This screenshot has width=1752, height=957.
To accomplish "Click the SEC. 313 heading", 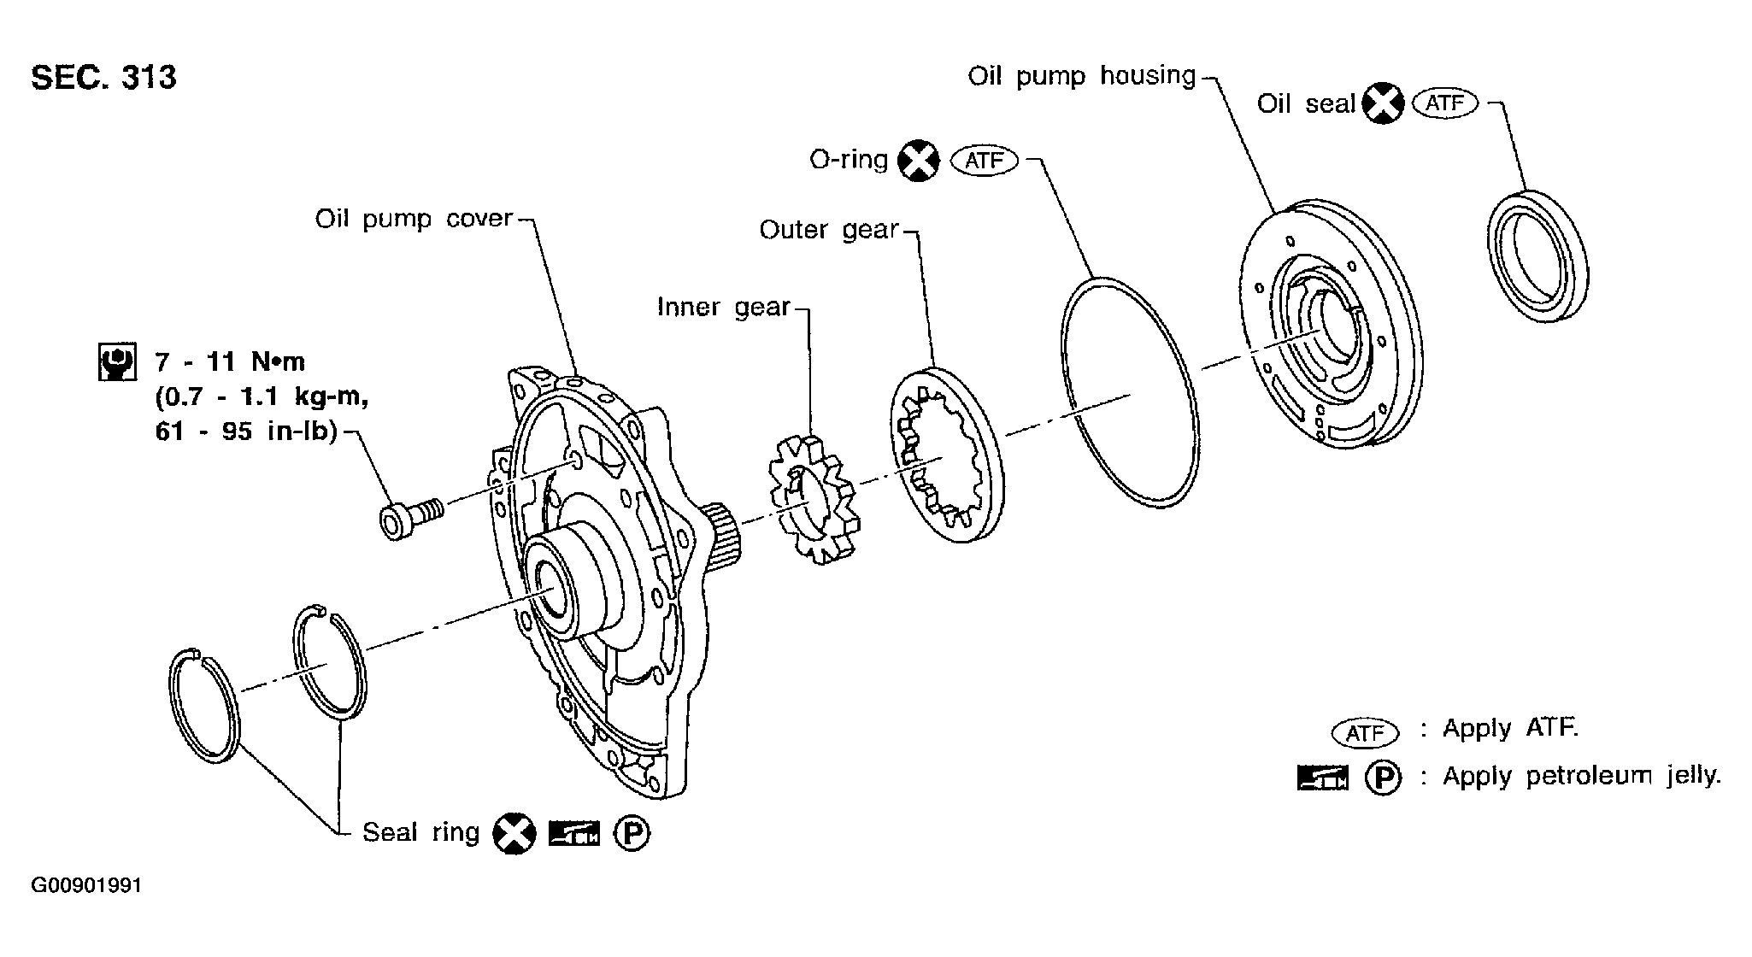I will (x=103, y=77).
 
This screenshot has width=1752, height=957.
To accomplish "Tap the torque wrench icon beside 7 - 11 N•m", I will (x=115, y=362).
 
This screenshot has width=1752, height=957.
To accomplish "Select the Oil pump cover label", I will (x=414, y=219).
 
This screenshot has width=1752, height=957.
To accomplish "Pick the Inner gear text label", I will (x=724, y=307).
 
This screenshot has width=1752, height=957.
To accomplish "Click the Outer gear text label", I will (x=829, y=230).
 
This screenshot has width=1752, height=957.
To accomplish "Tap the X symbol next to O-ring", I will (x=919, y=161).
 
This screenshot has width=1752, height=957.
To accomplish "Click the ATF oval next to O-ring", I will (x=985, y=161).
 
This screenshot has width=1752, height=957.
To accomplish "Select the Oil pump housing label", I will (x=1081, y=76).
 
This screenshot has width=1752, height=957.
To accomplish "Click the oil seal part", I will (x=1537, y=256).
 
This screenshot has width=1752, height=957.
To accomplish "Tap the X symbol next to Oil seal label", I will (x=1383, y=103).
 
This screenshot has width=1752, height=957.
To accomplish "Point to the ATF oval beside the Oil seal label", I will (x=1445, y=103).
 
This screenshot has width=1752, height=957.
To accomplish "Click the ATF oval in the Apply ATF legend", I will (x=1365, y=733).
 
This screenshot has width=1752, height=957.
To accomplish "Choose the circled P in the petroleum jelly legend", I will (x=1383, y=778).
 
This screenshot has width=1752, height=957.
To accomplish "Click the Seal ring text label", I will (x=420, y=832).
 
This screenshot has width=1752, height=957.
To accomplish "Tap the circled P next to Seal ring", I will (x=632, y=833).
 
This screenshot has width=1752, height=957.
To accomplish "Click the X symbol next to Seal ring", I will (x=514, y=833).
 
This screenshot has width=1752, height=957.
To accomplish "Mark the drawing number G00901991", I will (x=86, y=886).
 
